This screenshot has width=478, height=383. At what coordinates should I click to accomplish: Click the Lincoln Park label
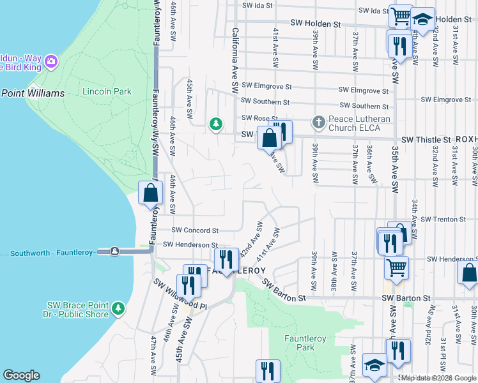pyautogui.click(x=107, y=91)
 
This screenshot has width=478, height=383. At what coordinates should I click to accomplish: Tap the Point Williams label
pyautogui.click(x=33, y=93)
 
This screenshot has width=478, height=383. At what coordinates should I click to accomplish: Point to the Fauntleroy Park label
pyautogui.click(x=300, y=343)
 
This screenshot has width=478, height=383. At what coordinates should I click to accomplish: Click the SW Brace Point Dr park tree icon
pyautogui.click(x=118, y=309)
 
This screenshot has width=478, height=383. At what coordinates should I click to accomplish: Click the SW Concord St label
pyautogui.click(x=197, y=230)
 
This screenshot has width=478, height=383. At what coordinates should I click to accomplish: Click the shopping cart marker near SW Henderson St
pyautogui.click(x=396, y=267)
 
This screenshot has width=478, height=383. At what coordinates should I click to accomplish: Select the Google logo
pyautogui.click(x=21, y=375)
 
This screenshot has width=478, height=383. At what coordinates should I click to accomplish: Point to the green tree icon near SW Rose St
pyautogui.click(x=216, y=123)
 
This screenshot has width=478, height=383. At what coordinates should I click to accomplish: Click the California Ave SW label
pyautogui.click(x=235, y=58)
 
